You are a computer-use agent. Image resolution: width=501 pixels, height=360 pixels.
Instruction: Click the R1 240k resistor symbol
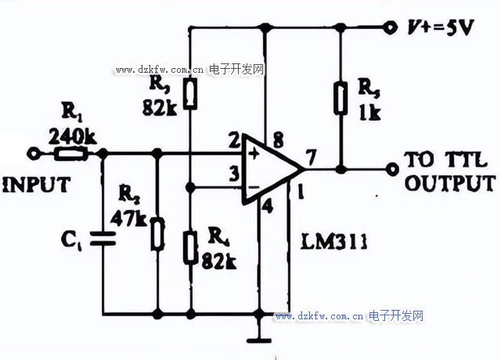(74, 153)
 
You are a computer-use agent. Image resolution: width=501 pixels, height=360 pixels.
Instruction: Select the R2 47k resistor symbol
(158, 233)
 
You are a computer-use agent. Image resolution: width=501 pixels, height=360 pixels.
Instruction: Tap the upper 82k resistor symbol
(191, 93)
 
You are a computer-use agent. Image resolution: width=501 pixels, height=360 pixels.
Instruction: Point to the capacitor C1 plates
(101, 236)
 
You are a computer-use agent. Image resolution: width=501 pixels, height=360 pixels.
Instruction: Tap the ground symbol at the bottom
(258, 340)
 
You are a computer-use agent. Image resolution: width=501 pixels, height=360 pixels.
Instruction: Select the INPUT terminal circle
(32, 153)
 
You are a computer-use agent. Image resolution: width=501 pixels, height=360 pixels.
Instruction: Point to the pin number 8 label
(279, 140)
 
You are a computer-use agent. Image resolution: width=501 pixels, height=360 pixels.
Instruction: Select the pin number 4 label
(268, 207)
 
